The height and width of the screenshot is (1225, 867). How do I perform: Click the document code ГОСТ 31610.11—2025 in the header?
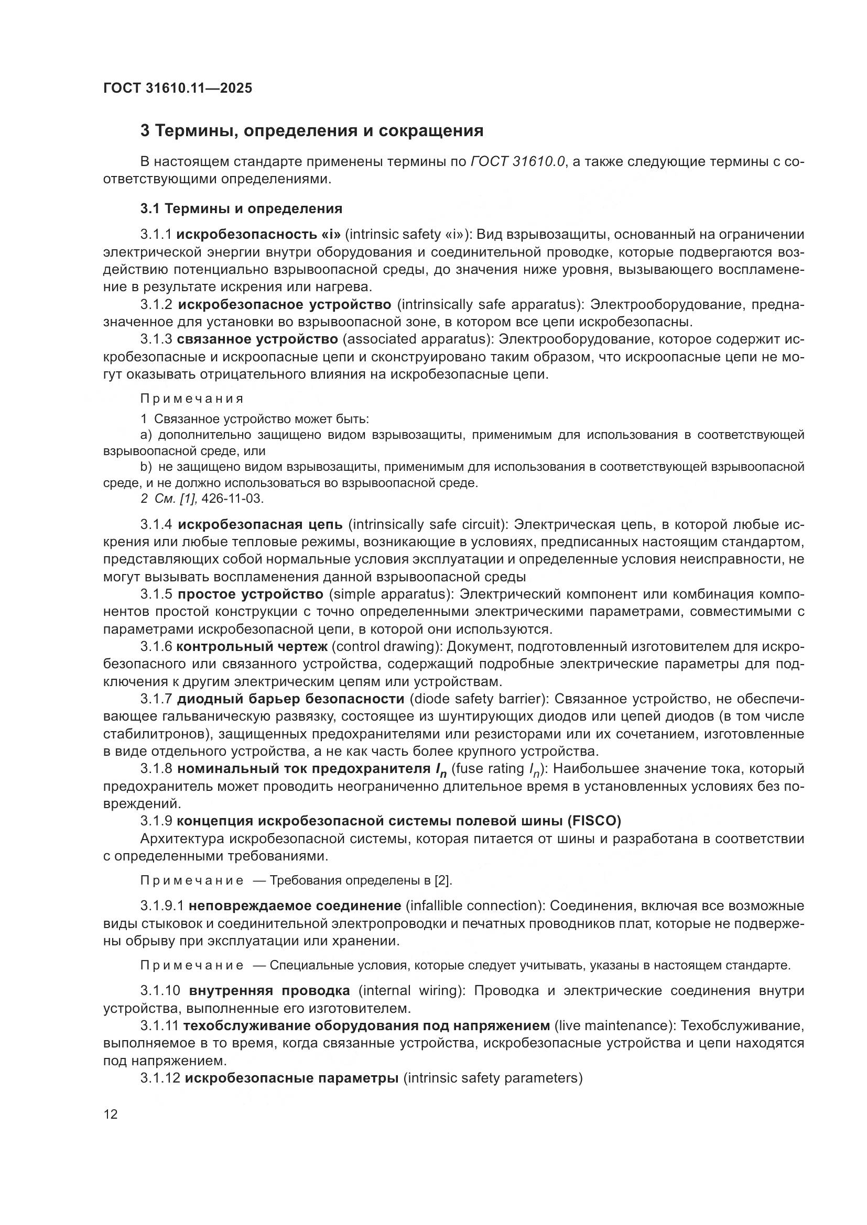(x=177, y=89)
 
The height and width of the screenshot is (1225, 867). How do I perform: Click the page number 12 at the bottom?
(x=111, y=1114)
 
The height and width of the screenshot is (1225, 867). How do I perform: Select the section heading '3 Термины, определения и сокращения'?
(x=312, y=131)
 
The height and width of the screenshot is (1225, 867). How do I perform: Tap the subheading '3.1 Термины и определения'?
(x=241, y=208)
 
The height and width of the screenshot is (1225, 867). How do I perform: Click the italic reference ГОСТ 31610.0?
(x=518, y=162)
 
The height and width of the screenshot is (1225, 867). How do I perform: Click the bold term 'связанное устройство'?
(x=257, y=339)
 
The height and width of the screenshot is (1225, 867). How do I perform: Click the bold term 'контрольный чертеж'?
(x=252, y=647)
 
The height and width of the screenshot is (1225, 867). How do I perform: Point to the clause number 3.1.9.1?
(x=162, y=906)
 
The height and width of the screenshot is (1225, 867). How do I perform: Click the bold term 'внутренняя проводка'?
(x=269, y=991)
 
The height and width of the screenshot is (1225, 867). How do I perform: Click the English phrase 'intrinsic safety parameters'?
(x=492, y=1078)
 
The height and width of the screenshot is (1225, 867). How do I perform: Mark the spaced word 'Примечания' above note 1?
(x=192, y=399)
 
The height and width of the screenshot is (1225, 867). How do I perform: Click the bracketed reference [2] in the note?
(x=442, y=880)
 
